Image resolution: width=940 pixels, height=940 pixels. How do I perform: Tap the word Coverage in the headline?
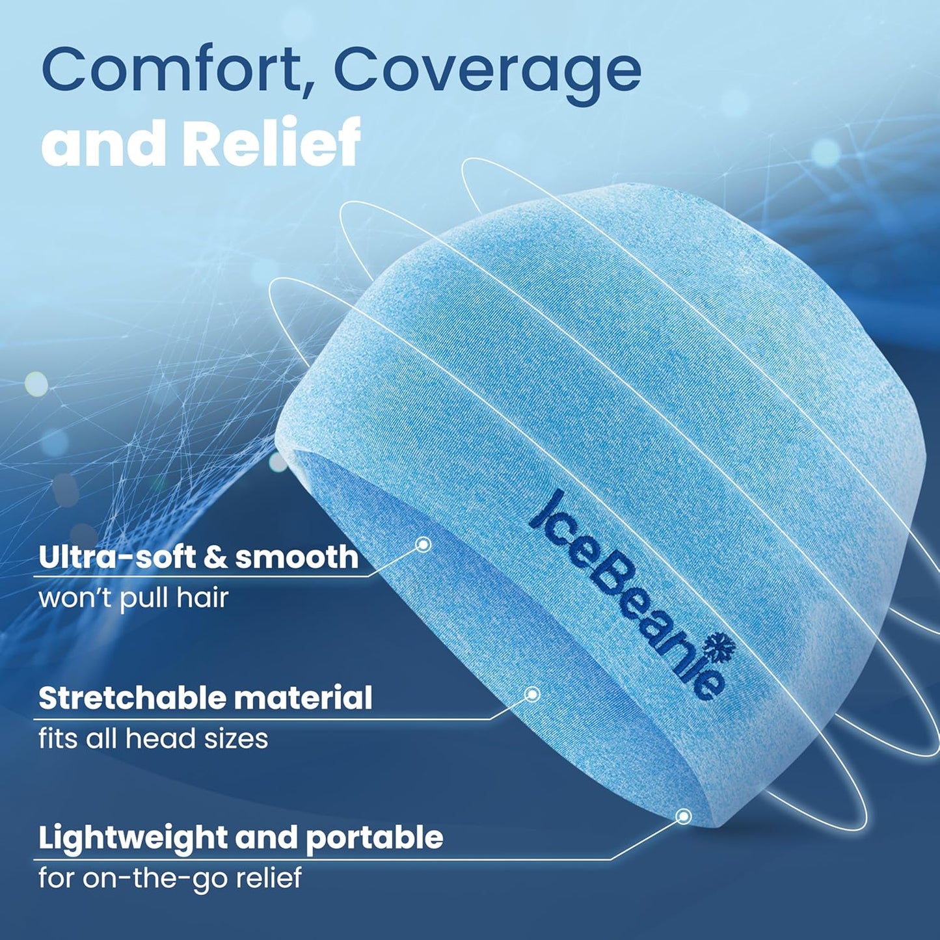[x=487, y=72]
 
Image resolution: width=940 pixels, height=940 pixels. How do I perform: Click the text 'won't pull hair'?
[x=133, y=598]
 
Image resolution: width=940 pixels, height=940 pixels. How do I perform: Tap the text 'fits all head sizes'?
[x=153, y=738]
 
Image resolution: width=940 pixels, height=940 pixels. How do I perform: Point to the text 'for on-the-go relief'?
[x=170, y=878]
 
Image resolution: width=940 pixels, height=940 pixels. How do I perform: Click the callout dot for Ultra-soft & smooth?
[x=423, y=544]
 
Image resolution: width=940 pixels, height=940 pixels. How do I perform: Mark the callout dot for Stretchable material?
[x=532, y=695]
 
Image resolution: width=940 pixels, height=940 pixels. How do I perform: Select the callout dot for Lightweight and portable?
[x=683, y=816]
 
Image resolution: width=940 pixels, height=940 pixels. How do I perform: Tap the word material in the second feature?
[x=303, y=698]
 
